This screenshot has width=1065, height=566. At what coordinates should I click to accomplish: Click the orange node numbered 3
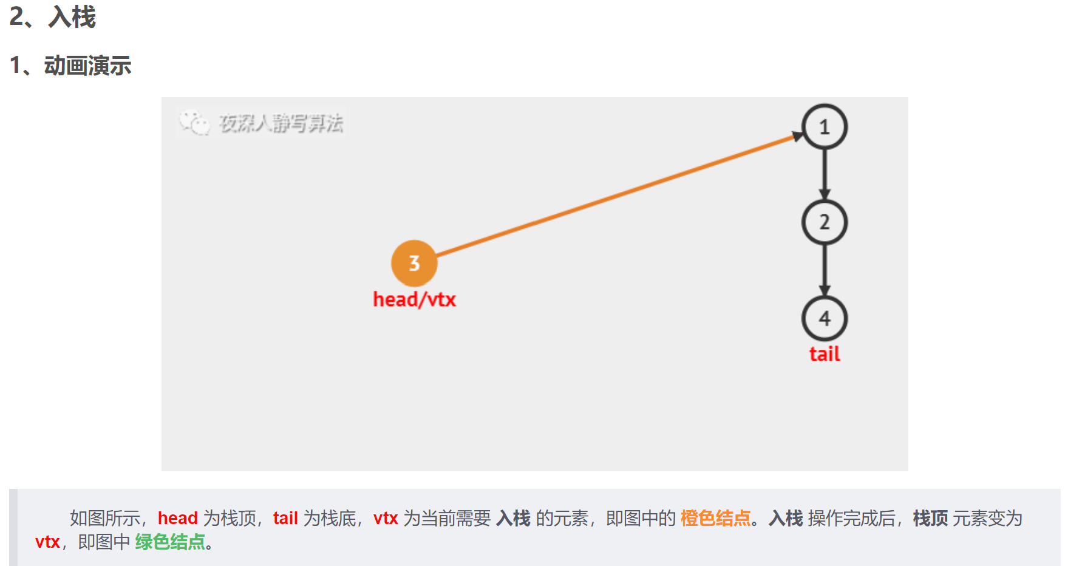click(x=414, y=263)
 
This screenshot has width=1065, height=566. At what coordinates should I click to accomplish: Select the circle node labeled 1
click(x=824, y=127)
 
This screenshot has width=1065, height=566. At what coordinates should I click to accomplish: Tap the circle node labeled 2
click(x=824, y=222)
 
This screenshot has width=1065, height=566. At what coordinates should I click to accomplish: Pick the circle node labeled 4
click(x=824, y=318)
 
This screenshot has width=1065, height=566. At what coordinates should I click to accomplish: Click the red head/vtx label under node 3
click(x=414, y=299)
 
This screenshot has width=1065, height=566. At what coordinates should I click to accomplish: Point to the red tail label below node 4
click(x=825, y=354)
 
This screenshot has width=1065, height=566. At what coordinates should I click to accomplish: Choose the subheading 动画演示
click(x=87, y=66)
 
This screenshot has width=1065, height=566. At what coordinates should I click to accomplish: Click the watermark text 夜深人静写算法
click(x=281, y=124)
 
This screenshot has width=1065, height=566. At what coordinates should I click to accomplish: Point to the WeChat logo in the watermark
click(x=194, y=123)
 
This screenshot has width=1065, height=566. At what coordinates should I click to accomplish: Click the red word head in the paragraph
click(x=177, y=518)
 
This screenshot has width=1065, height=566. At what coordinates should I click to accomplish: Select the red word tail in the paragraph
click(x=285, y=518)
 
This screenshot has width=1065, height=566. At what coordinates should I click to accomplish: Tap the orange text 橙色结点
click(x=715, y=518)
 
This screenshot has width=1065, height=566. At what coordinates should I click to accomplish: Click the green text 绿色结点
click(x=170, y=542)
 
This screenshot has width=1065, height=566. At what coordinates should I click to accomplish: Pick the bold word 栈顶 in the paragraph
click(x=930, y=518)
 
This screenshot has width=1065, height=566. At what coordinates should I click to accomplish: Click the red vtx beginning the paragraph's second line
click(x=47, y=542)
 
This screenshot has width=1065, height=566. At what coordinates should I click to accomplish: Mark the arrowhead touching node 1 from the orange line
click(x=797, y=137)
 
